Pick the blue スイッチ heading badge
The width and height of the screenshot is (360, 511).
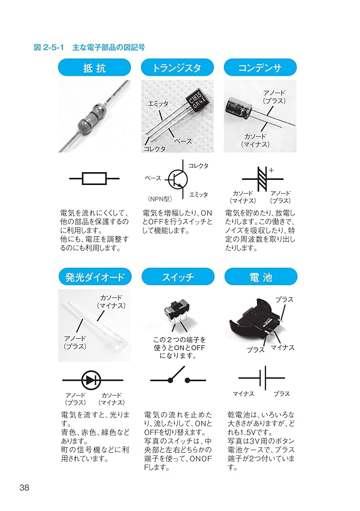coord(177,277)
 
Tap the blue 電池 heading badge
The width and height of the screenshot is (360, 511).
coord(260,277)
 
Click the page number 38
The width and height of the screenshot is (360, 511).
coord(24,487)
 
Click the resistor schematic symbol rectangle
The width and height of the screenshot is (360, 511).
coord(94,178)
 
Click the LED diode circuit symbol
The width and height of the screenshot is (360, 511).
coord(92,380)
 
